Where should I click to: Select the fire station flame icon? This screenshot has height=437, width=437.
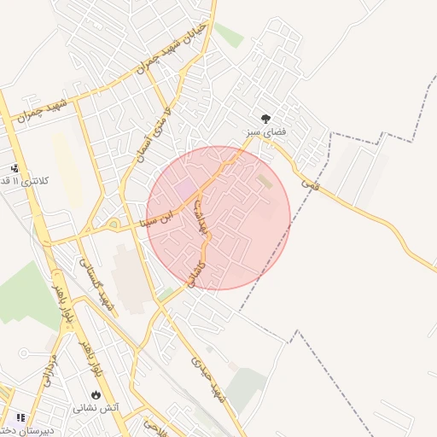pos(95,395)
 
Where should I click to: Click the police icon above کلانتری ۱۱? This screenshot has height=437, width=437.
pos(14,169)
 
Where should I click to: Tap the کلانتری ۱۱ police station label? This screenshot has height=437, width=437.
pos(16,182)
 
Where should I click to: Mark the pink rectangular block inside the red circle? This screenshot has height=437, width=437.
pos(185,187)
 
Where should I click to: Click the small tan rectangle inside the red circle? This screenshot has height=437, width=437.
pos(265,181)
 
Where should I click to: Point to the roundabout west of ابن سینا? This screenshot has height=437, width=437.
pos(114,225)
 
